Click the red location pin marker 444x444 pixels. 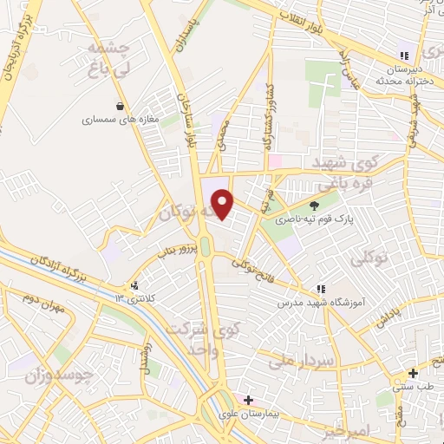point(224,205)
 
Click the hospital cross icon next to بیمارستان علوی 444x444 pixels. point(249,401)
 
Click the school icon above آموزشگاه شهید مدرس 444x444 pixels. point(320,289)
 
